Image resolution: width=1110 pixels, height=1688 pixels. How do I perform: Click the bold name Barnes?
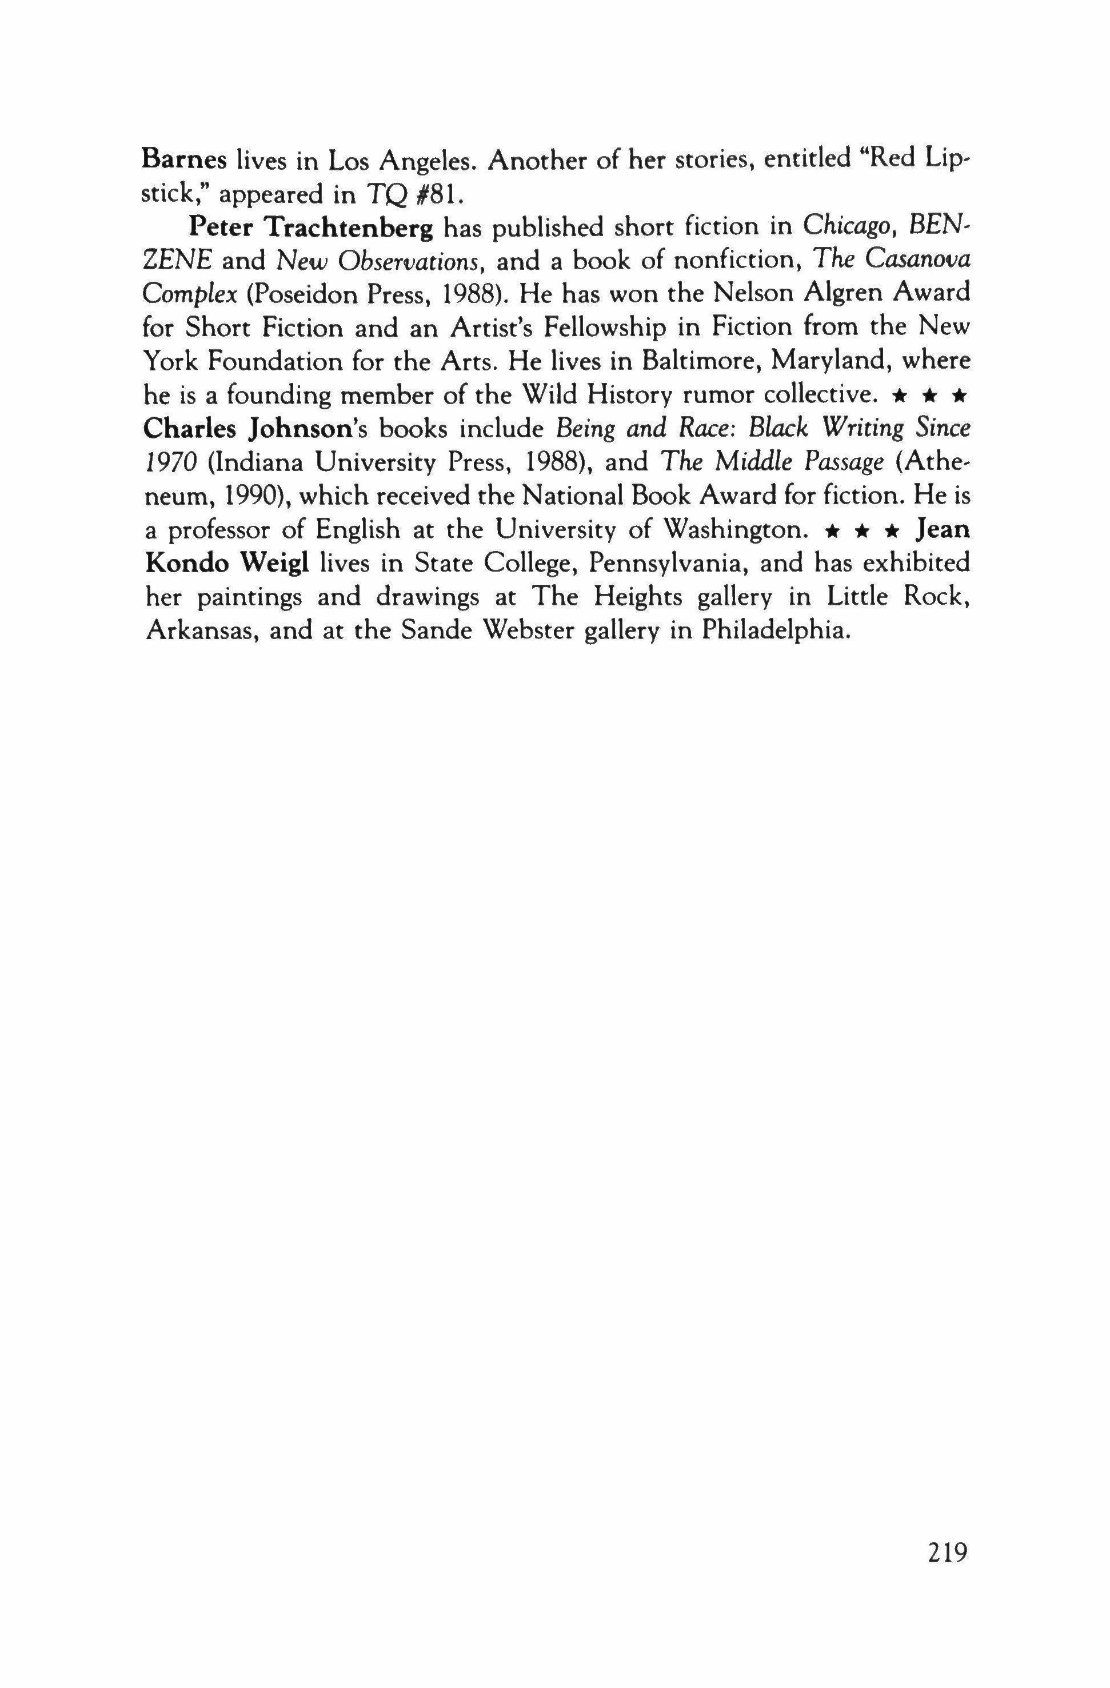[x=183, y=159]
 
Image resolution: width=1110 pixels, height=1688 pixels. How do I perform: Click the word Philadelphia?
[x=775, y=630]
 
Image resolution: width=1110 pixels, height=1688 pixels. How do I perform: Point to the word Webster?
[x=524, y=630]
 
